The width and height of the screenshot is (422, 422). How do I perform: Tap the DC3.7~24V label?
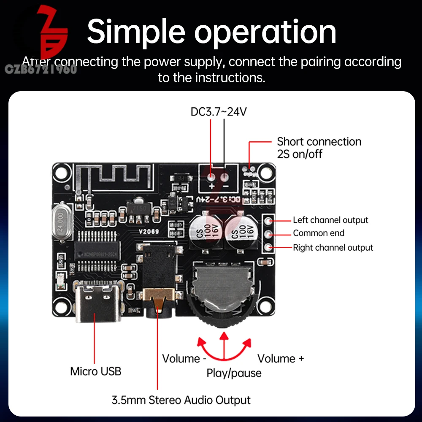pyautogui.click(x=218, y=112)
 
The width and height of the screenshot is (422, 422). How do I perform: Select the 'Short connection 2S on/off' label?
pyautogui.click(x=319, y=148)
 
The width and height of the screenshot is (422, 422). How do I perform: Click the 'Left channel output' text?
pyautogui.click(x=330, y=220)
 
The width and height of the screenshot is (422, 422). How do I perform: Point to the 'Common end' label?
pyautogui.click(x=319, y=233)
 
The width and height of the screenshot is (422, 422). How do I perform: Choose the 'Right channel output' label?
pyautogui.click(x=333, y=248)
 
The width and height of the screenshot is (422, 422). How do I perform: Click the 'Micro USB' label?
pyautogui.click(x=95, y=371)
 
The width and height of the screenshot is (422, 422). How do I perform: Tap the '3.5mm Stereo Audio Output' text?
pyautogui.click(x=181, y=400)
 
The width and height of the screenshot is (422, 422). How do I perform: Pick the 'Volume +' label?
pyautogui.click(x=281, y=359)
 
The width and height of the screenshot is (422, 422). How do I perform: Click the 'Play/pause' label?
pyautogui.click(x=234, y=373)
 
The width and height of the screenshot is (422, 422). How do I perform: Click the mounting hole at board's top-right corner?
pyautogui.click(x=265, y=173)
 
